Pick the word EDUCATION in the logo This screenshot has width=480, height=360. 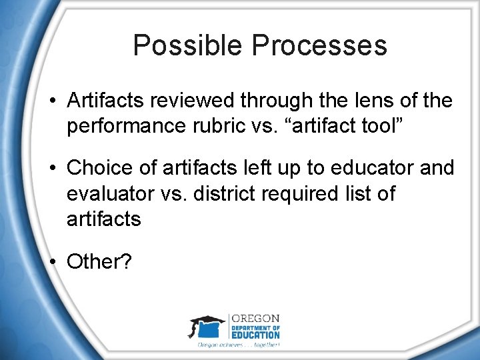click(x=256, y=335)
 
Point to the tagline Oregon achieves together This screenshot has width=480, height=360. click(x=238, y=345)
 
